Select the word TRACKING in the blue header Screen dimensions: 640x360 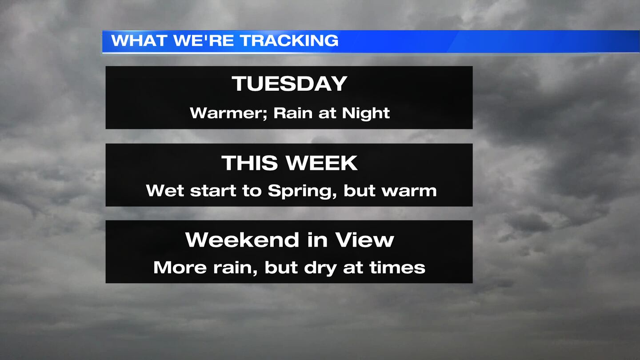289,40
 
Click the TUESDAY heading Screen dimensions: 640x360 289,84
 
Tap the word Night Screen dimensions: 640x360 366,114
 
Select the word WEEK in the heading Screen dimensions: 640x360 322,163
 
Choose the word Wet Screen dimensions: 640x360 165,191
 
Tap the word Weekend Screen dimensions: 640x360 242,240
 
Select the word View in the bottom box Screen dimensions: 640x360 365,240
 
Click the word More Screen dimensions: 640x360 180,268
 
